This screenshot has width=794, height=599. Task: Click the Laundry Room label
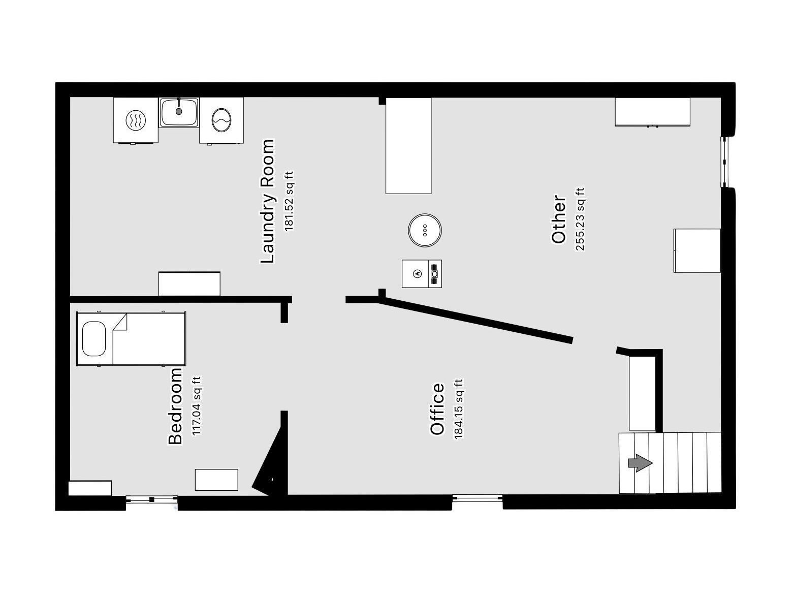coord(268,201)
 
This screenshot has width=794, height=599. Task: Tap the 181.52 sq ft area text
coord(289,201)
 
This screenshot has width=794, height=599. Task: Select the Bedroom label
coord(175,406)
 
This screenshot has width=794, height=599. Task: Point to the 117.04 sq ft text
coord(197,406)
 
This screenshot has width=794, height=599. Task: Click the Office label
coord(437,409)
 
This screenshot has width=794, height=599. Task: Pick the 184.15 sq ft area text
coord(459,409)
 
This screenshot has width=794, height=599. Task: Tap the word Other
coord(558,219)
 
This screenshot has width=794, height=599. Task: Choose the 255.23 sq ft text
coord(580,219)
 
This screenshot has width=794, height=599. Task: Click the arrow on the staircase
coord(640,463)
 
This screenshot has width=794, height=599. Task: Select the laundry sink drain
coord(179,111)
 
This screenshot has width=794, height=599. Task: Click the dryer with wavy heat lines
coord(136,120)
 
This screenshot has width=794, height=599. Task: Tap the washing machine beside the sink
coord(221,120)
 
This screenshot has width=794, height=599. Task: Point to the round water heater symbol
coord(425,230)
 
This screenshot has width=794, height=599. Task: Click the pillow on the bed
coord(94,338)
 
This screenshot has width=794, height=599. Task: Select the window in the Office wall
coord(477,498)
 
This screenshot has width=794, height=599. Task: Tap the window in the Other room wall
coord(724,162)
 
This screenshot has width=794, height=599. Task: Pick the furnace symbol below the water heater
coord(422,274)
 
